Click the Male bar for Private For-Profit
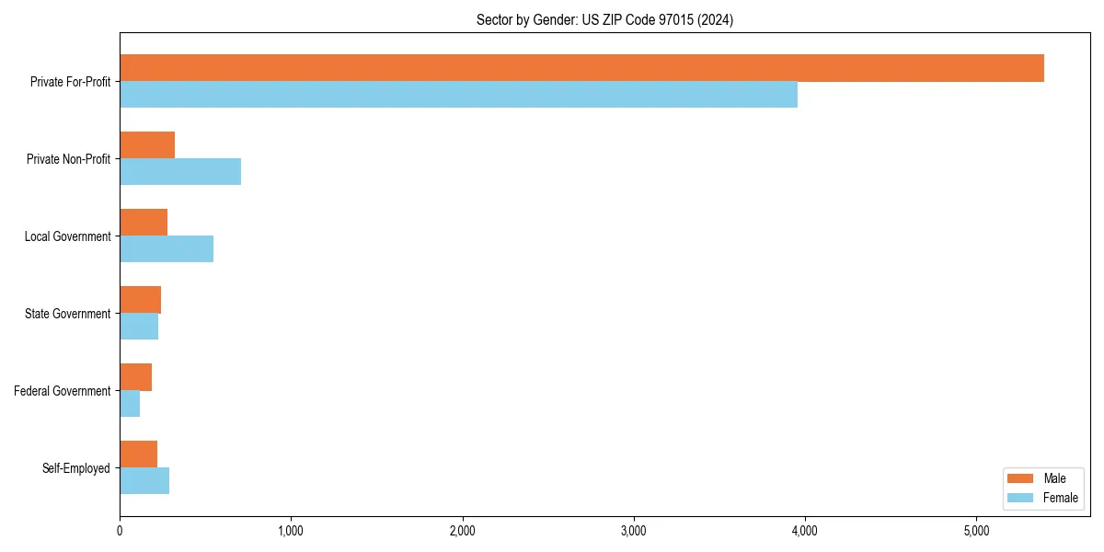coord(581,68)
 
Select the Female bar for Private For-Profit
coord(458,95)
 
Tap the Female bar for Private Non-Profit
coord(180,172)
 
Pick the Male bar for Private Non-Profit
coord(147,145)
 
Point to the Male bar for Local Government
coord(144,223)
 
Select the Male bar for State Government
coord(140,300)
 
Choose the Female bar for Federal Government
coord(130,404)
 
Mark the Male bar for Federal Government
coord(135,377)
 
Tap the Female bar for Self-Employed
coord(144,481)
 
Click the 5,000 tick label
coord(976,531)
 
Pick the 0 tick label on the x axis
coord(120,531)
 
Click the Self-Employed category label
coord(75,468)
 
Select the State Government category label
coord(67,314)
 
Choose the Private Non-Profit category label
coord(68,159)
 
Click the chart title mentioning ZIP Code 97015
coord(604,19)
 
